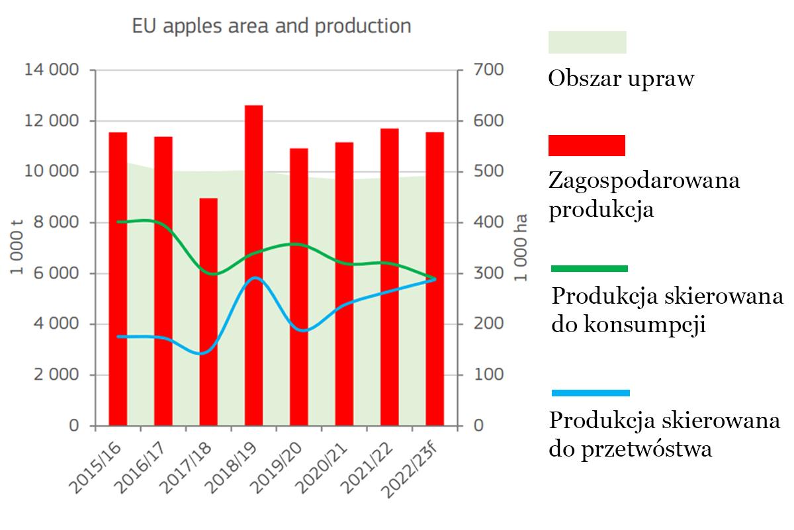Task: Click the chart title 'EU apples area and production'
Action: click(x=271, y=26)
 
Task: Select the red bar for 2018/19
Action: click(x=253, y=265)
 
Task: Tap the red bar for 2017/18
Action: click(x=208, y=311)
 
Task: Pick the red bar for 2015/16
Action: click(x=118, y=278)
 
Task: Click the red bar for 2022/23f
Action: click(x=435, y=278)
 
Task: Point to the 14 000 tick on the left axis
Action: click(x=51, y=70)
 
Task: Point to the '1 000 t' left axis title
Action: click(x=19, y=247)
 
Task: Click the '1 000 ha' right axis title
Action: click(x=522, y=247)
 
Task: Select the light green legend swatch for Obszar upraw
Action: click(x=588, y=42)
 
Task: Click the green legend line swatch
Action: click(x=590, y=269)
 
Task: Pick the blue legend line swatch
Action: click(x=590, y=393)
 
